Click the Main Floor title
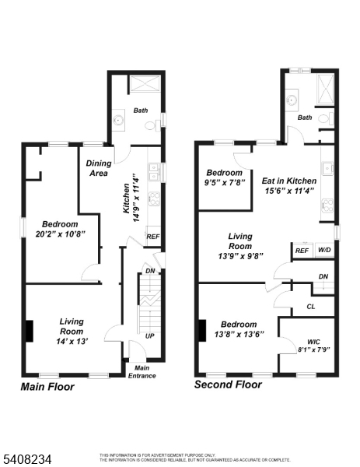click(x=47, y=387)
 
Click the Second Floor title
click(x=228, y=384)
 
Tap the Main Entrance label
click(x=142, y=372)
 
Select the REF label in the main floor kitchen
click(x=153, y=237)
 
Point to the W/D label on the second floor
click(x=324, y=250)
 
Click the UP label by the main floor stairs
click(x=149, y=336)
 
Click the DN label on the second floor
click(x=323, y=276)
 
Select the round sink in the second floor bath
click(x=291, y=100)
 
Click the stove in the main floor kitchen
click(x=155, y=198)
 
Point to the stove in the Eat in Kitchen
click(x=327, y=205)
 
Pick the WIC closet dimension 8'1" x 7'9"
click(x=314, y=349)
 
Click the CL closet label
click(x=310, y=307)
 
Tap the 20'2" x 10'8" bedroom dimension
click(x=61, y=234)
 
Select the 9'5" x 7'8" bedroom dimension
click(x=225, y=182)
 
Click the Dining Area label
click(x=99, y=168)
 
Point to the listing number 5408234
click(x=26, y=459)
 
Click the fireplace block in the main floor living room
click(x=29, y=331)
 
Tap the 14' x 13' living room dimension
click(x=72, y=341)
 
